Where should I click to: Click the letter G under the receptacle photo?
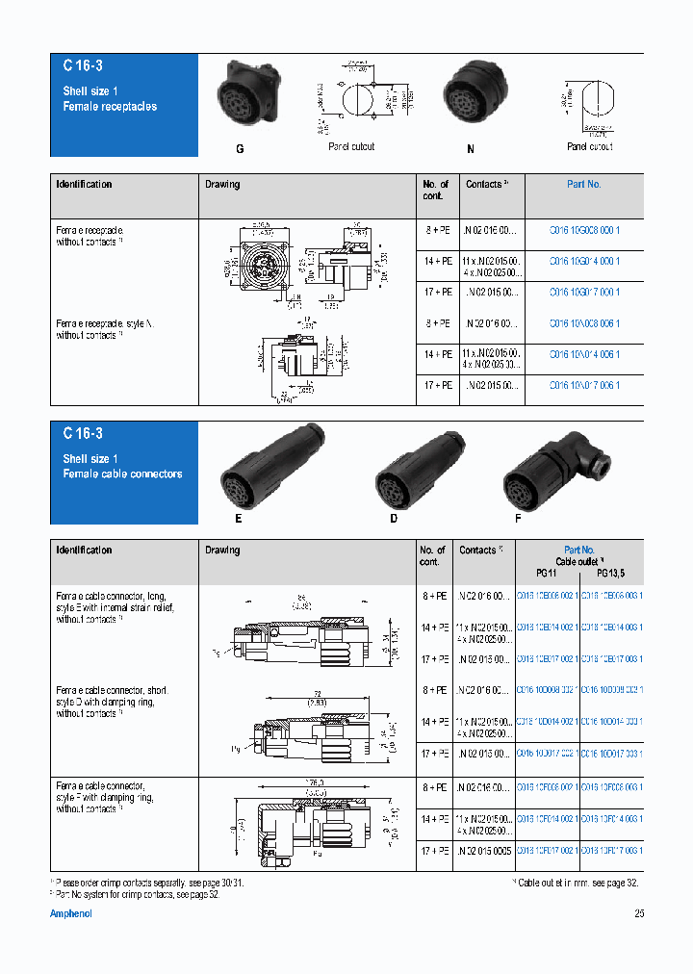[x=240, y=150]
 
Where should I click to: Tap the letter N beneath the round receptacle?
[x=471, y=150]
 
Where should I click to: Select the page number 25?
[x=639, y=914]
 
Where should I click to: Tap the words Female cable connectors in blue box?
[x=122, y=474]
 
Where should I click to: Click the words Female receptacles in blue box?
[x=110, y=106]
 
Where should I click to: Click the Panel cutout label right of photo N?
[x=589, y=146]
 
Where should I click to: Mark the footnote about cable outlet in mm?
[x=577, y=883]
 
